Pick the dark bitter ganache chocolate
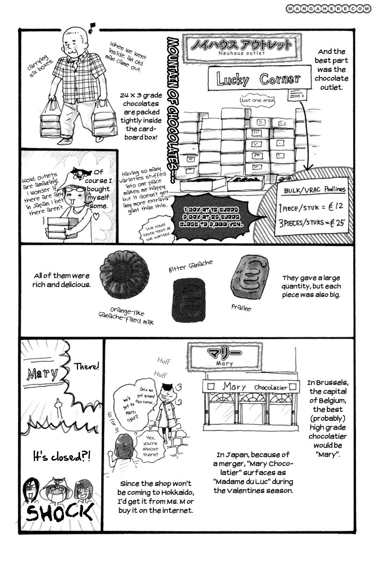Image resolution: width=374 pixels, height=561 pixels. pos(188,299)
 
